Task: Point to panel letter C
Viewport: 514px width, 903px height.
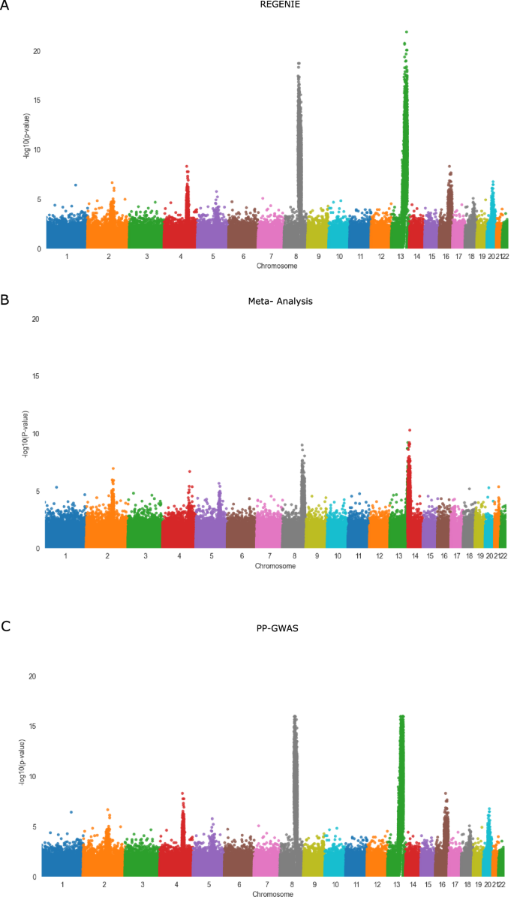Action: pos(5,624)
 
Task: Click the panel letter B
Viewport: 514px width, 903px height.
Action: pos(5,299)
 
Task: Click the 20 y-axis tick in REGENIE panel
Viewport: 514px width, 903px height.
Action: pos(35,51)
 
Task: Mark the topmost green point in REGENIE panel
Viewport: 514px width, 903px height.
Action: pos(407,32)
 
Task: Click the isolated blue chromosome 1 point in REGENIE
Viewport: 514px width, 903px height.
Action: pos(75,185)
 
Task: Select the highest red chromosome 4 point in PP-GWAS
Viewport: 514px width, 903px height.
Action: pos(182,793)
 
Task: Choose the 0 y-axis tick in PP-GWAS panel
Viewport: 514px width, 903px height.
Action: pos(32,876)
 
